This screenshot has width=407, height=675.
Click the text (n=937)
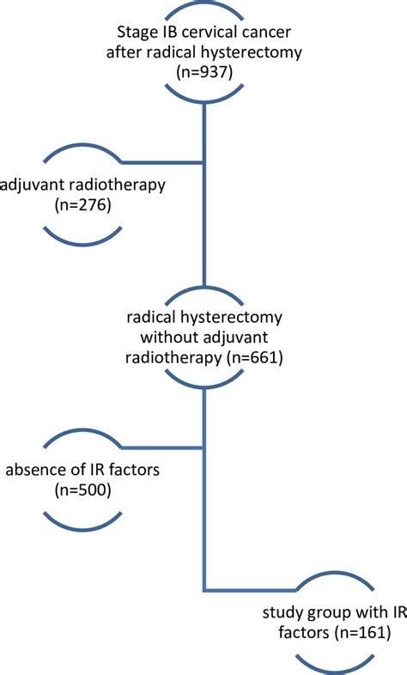coord(204,72)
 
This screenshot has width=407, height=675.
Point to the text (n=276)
coord(83,205)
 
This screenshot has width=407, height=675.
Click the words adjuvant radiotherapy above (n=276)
coord(82,185)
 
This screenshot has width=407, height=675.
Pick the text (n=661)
coord(254,357)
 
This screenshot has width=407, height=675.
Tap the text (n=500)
coord(83,490)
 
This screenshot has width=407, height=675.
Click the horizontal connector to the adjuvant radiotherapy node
coord(163,162)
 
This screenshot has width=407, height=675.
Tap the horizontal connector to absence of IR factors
coord(163,447)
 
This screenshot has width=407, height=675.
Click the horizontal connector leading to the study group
coord(250,589)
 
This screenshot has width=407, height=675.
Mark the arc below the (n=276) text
coord(83,244)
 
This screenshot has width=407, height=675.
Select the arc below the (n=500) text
coord(83,529)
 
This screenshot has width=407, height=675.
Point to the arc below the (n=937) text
coord(204,101)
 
